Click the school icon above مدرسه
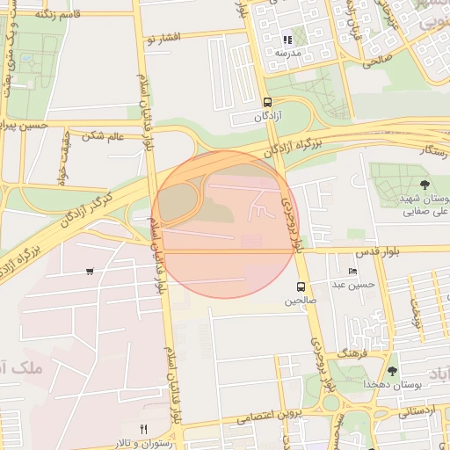pos(287,40)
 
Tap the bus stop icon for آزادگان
pos(267,102)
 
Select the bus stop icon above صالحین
pos(301,287)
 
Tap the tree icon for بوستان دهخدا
pos(392,371)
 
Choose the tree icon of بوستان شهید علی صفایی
pos(425,185)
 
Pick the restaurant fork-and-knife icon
pos(144,428)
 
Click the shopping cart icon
pos(90,271)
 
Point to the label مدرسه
pos(288,54)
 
